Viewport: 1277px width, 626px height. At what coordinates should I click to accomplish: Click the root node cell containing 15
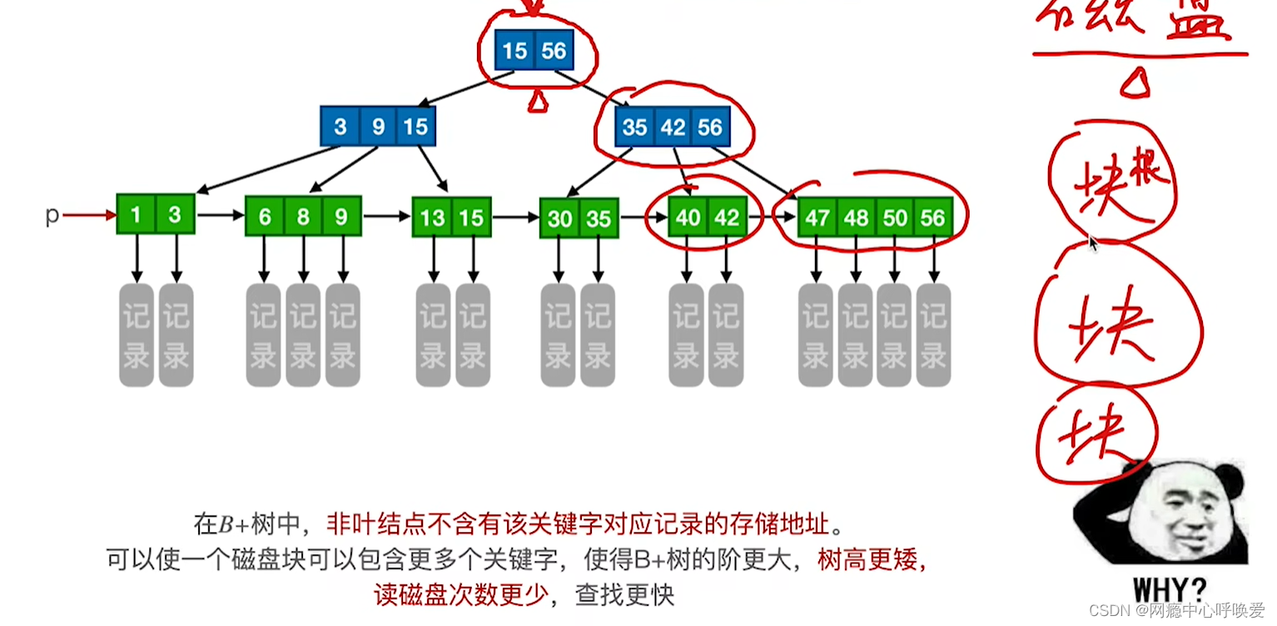514,51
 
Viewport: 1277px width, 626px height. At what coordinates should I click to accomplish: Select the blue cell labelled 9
378,127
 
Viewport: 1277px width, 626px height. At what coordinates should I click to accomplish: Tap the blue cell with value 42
673,127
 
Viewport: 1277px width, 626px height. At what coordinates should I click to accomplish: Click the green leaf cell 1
136,215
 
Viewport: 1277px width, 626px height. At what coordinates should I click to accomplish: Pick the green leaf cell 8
303,217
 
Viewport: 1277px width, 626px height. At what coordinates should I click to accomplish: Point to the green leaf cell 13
432,218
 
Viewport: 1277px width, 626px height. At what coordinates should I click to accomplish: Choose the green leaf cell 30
559,219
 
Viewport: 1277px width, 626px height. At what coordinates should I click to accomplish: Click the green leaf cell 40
688,218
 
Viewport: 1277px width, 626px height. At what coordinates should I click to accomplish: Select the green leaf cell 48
856,218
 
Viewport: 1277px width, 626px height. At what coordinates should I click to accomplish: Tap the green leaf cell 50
895,218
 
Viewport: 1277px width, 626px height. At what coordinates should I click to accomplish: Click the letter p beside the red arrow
52,216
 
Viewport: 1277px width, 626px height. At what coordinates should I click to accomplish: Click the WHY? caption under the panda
1169,589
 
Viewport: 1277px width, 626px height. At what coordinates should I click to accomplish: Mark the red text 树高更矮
871,559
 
